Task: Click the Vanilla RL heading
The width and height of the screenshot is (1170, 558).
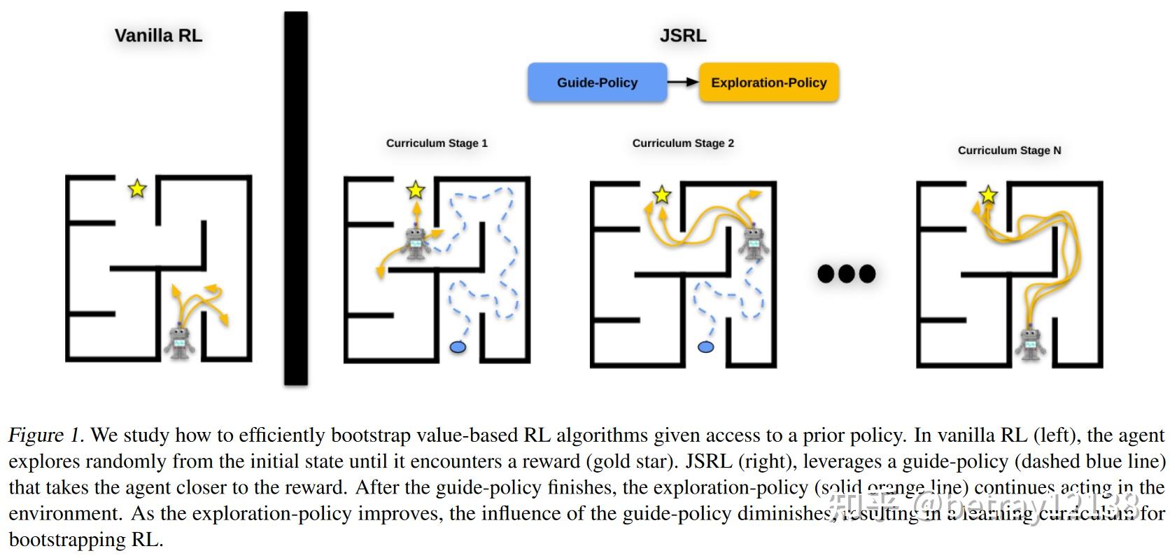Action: [158, 36]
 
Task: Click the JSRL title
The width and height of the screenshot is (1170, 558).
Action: [682, 36]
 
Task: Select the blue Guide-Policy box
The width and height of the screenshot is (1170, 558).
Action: [597, 83]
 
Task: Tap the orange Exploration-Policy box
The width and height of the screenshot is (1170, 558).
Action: [768, 83]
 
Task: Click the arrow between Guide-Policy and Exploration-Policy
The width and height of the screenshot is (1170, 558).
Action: [683, 82]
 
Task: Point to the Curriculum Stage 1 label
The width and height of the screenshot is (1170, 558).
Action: [437, 143]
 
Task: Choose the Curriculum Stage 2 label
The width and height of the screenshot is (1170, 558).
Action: [683, 143]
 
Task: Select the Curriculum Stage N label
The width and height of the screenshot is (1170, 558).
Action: [1009, 150]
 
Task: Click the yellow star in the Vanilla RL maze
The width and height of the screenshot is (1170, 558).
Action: [137, 188]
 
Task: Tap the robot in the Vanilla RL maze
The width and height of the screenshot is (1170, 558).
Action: [180, 341]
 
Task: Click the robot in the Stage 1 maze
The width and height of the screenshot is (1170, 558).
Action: [416, 242]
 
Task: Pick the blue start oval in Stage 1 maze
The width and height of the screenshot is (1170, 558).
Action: [458, 347]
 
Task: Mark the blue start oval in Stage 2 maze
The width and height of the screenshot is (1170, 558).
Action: [706, 347]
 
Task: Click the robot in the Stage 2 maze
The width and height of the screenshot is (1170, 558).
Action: [754, 242]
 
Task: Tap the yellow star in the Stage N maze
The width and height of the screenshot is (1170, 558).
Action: [987, 195]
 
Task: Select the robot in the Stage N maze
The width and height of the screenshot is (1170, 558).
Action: [1030, 343]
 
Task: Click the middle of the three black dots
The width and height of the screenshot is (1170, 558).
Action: [847, 273]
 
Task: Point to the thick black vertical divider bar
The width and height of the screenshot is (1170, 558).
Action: [295, 198]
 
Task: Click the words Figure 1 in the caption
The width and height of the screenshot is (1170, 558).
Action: [45, 435]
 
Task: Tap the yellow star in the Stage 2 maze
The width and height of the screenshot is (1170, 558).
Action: [661, 195]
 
